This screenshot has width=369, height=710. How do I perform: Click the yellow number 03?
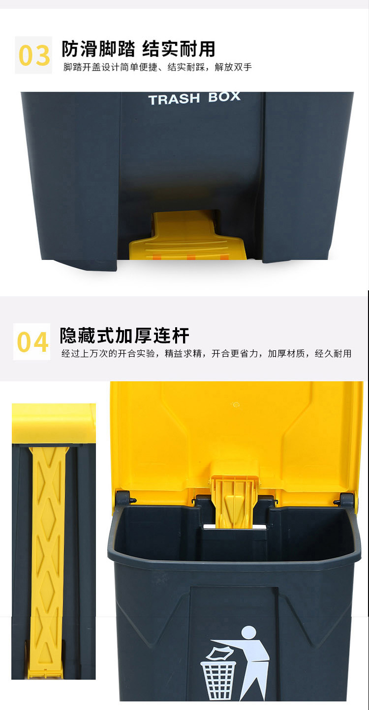tap(34, 55)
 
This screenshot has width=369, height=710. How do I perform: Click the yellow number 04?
tap(32, 342)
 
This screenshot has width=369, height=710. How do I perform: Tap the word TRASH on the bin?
tap(174, 100)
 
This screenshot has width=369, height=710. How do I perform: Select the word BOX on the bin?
tap(224, 97)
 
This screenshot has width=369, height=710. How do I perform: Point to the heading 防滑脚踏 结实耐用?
tap(138, 49)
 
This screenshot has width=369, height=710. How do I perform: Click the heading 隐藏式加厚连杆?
tap(124, 336)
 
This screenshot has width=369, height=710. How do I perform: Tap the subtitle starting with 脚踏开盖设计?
tap(158, 67)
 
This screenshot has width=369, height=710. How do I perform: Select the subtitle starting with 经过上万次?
tap(206, 353)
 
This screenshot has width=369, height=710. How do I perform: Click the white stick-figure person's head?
tap(248, 632)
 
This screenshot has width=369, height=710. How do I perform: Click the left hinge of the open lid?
tap(124, 499)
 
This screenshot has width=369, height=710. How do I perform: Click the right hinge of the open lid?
tap(345, 501)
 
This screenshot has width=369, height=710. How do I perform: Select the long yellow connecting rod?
tap(48, 562)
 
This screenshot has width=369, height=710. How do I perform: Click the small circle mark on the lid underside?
tap(236, 404)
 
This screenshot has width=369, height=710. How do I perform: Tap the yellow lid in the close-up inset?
tap(54, 424)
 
